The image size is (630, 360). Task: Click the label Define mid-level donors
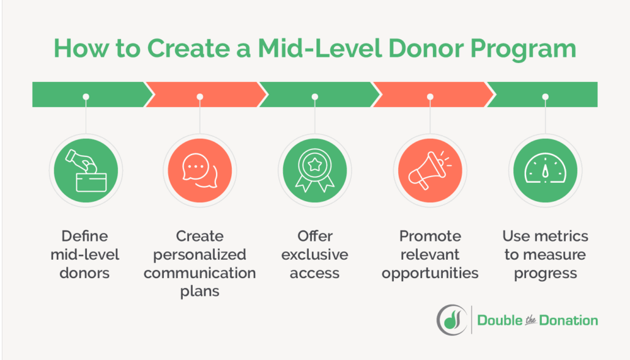(85, 254)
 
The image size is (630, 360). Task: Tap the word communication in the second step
(200, 273)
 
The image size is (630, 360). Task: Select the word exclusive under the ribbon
(314, 254)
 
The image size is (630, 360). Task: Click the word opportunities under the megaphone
(430, 273)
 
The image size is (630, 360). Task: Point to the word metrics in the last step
(560, 236)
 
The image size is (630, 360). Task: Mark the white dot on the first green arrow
(86, 97)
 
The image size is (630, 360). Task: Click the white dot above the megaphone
(429, 97)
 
